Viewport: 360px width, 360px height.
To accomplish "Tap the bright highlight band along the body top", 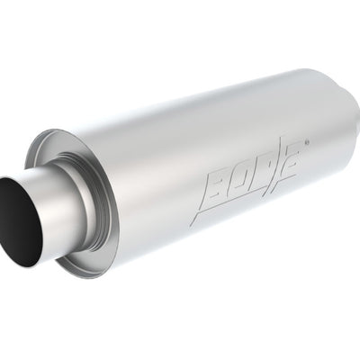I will point(207,108).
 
